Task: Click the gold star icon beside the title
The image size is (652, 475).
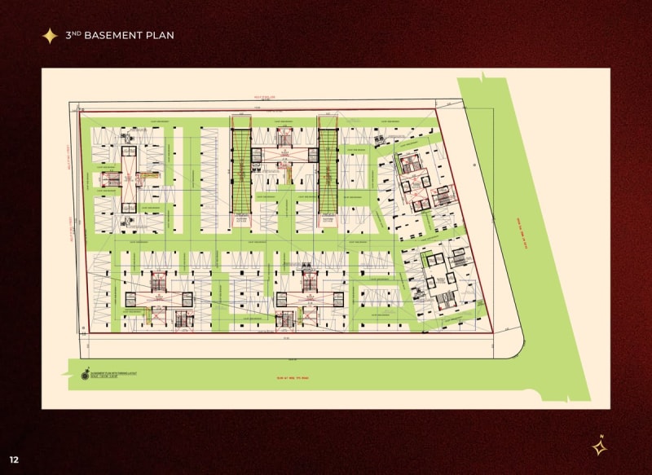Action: point(50,36)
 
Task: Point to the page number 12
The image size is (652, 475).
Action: point(14,460)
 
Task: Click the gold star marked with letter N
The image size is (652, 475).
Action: point(599,446)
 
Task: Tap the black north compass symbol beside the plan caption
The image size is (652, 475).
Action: point(84,376)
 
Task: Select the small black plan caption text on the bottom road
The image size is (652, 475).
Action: point(115,375)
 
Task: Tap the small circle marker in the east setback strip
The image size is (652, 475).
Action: point(474,163)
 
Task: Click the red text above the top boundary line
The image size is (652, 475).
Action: point(269,96)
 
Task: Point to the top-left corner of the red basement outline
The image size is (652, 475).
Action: point(78,112)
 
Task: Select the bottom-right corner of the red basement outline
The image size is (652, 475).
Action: point(493,333)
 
